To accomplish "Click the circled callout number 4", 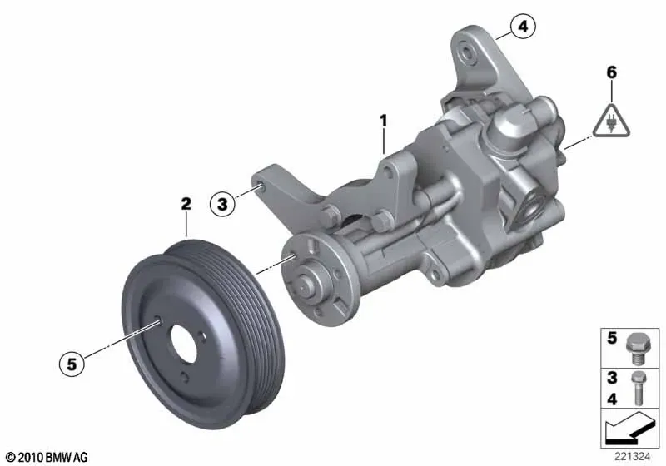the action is (523, 27).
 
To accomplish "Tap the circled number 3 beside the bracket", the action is (222, 204).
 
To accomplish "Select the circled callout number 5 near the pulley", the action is (72, 364).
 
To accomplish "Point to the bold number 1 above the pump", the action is (384, 121).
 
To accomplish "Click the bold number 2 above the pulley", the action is (186, 204).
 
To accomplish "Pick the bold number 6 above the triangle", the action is (611, 72).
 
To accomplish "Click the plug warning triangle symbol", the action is (612, 121).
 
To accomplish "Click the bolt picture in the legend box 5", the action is (636, 349).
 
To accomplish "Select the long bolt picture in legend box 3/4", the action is (638, 388).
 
